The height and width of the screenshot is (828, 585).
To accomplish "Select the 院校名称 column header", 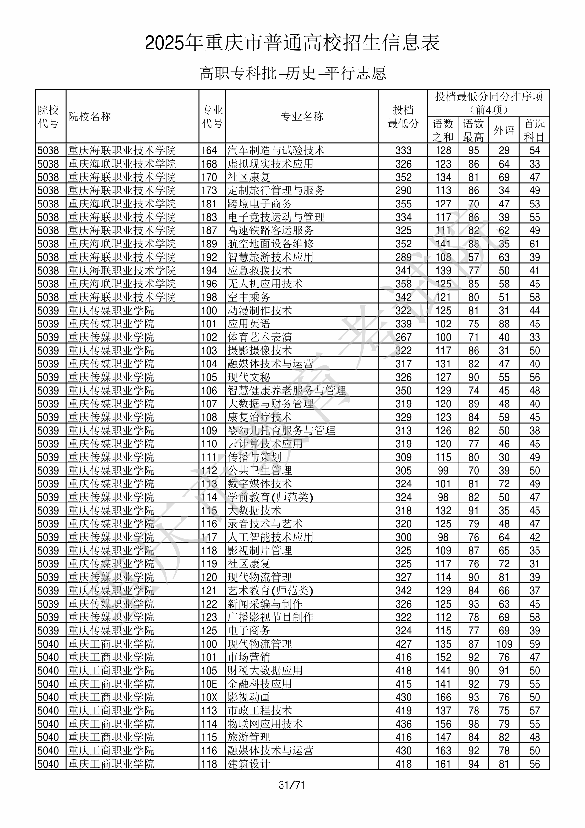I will click(x=90, y=116).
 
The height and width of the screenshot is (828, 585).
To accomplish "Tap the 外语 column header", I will click(x=504, y=130).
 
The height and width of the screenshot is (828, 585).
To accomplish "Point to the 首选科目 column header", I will click(x=534, y=130).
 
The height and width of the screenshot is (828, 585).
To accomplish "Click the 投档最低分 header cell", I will click(x=403, y=116).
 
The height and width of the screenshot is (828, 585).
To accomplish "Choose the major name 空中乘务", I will click(x=249, y=297).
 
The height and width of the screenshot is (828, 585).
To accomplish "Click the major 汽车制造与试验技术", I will click(x=276, y=150).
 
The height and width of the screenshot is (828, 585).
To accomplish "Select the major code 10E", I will click(x=209, y=684).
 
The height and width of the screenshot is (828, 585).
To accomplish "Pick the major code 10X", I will click(x=209, y=697).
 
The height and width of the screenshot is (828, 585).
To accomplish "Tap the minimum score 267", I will click(x=403, y=337).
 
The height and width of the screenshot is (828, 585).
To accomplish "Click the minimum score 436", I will click(x=403, y=724).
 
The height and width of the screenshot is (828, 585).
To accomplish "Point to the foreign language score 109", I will click(x=504, y=644).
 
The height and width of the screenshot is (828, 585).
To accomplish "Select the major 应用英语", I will click(x=249, y=324).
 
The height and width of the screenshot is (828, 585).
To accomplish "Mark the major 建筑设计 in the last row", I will click(x=249, y=764).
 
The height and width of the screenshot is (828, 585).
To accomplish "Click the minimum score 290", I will click(x=403, y=190).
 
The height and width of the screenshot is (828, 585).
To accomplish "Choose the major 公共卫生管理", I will click(x=260, y=471).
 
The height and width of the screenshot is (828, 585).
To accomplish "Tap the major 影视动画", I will click(x=249, y=697).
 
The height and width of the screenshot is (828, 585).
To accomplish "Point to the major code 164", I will click(x=209, y=150).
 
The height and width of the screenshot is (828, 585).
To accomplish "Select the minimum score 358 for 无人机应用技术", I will click(x=403, y=284).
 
